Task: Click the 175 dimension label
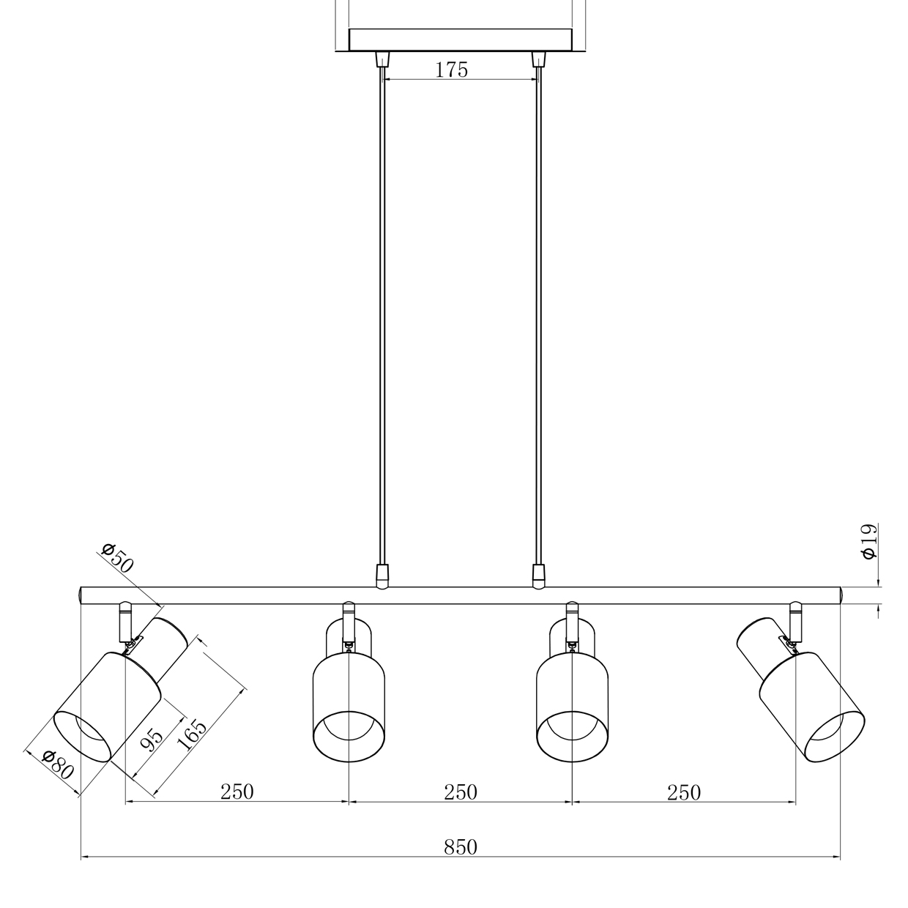point(451,70)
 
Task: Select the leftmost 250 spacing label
point(237,792)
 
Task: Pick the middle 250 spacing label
point(461,792)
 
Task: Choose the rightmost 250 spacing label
point(684,792)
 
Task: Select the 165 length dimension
point(191,734)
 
